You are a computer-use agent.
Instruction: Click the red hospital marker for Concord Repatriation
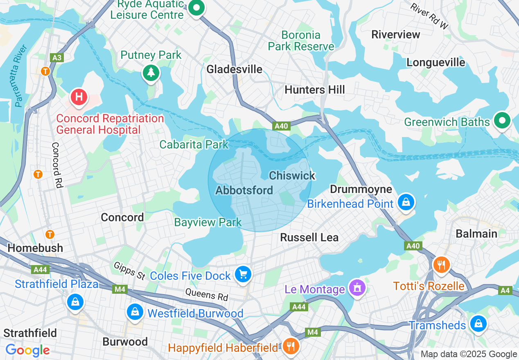pyautogui.click(x=79, y=97)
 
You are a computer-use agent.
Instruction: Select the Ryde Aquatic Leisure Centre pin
pyautogui.click(x=197, y=8)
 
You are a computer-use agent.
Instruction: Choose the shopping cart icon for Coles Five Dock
pyautogui.click(x=244, y=274)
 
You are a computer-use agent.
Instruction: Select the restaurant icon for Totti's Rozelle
pyautogui.click(x=441, y=265)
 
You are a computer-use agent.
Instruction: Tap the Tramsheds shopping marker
pyautogui.click(x=478, y=324)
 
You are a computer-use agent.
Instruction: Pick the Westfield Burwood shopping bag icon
pyautogui.click(x=135, y=312)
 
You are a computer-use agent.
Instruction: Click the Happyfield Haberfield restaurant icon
pyautogui.click(x=291, y=346)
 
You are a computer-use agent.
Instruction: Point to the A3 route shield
pyautogui.click(x=57, y=58)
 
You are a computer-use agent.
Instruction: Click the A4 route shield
pyautogui.click(x=505, y=290)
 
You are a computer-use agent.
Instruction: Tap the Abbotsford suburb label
pyautogui.click(x=244, y=190)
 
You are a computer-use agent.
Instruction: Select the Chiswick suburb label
pyautogui.click(x=292, y=175)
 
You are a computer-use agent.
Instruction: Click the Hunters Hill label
pyautogui.click(x=314, y=90)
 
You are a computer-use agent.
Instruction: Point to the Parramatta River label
pyautogui.click(x=20, y=76)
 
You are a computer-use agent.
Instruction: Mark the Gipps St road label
pyautogui.click(x=130, y=271)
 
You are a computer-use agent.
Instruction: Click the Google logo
pyautogui.click(x=27, y=350)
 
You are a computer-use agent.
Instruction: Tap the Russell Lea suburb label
pyautogui.click(x=309, y=237)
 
